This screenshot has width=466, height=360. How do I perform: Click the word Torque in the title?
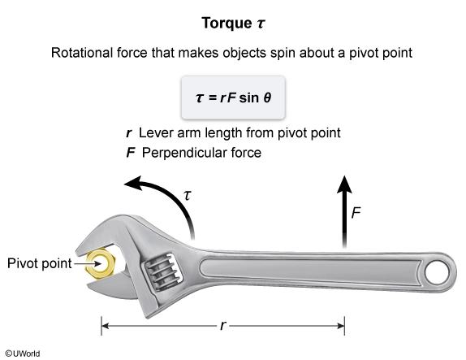[227, 24]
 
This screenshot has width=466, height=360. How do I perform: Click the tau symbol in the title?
[261, 24]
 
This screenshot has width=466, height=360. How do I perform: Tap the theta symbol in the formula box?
[267, 98]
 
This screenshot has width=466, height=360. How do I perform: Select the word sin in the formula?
[248, 98]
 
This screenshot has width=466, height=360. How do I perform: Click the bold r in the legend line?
[129, 133]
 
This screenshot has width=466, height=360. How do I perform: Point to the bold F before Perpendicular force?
[131, 153]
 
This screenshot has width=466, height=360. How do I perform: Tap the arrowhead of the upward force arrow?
[344, 184]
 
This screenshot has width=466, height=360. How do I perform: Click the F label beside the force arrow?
[356, 213]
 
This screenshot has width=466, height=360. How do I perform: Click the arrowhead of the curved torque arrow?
[132, 182]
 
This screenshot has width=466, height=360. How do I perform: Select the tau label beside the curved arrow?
[188, 196]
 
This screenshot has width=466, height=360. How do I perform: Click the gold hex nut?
[100, 263]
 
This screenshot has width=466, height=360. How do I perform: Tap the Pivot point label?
[40, 263]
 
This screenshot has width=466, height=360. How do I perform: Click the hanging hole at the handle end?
[437, 272]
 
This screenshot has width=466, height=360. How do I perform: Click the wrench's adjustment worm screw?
[163, 272]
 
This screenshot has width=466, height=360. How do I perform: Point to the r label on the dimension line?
[223, 326]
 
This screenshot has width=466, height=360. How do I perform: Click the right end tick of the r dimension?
[344, 326]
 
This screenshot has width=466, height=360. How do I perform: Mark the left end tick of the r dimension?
[101, 326]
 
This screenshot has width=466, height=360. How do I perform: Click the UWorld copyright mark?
[23, 353]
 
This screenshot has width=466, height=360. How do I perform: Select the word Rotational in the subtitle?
[82, 53]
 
